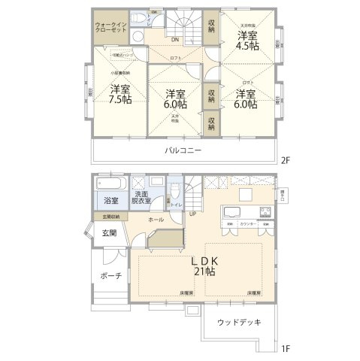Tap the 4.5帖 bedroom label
pyautogui.click(x=249, y=41)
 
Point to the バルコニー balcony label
pyautogui.click(x=183, y=150)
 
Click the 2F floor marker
pyautogui.click(x=285, y=160)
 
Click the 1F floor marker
pyautogui.click(x=285, y=348)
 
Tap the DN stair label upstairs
pyautogui.click(x=175, y=39)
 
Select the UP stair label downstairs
pyautogui.click(x=193, y=214)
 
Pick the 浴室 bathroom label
pyautogui.click(x=110, y=201)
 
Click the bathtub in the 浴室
pyautogui.click(x=111, y=184)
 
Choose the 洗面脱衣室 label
pyautogui.click(x=141, y=197)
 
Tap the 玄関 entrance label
pyautogui.click(x=110, y=232)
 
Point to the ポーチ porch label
pyautogui.click(x=110, y=276)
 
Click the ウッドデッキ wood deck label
pyautogui.click(x=238, y=323)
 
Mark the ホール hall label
pyautogui.click(x=156, y=219)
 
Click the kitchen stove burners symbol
pyautogui.click(x=265, y=210)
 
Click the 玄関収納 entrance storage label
pyautogui.click(x=106, y=217)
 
